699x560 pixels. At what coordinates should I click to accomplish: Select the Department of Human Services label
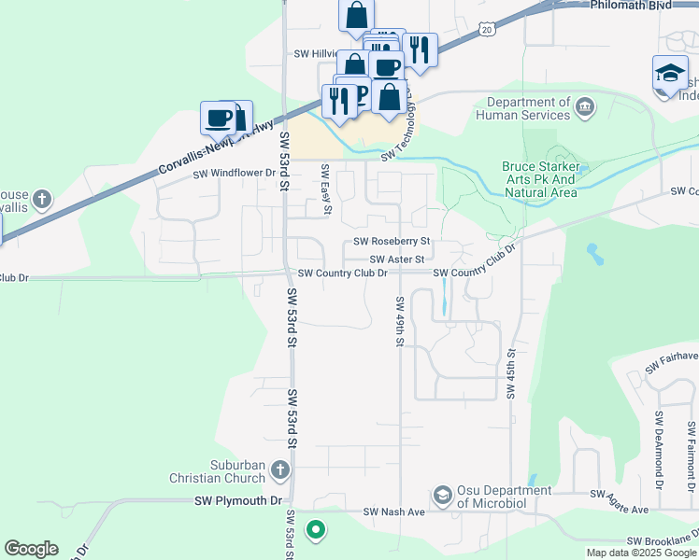pos(522,108)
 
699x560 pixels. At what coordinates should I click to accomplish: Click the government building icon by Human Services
pos(586,105)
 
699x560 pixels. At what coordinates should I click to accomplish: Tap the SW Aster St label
pos(397,259)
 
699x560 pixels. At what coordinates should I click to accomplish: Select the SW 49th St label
pos(399,321)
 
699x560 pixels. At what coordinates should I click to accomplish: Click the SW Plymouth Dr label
pos(237,501)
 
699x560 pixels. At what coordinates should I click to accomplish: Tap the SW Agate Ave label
pos(619,494)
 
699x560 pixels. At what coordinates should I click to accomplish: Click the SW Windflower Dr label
pos(235,174)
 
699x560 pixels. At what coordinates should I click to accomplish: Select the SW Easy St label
pos(326,189)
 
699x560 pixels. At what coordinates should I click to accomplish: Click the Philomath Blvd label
pos(631,6)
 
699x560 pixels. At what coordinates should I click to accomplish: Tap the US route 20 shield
pos(487,30)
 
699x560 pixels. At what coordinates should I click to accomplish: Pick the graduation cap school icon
pos(669,72)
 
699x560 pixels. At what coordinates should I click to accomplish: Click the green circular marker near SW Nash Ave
pos(316,530)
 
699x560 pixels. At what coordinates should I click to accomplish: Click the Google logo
pos(31,549)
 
